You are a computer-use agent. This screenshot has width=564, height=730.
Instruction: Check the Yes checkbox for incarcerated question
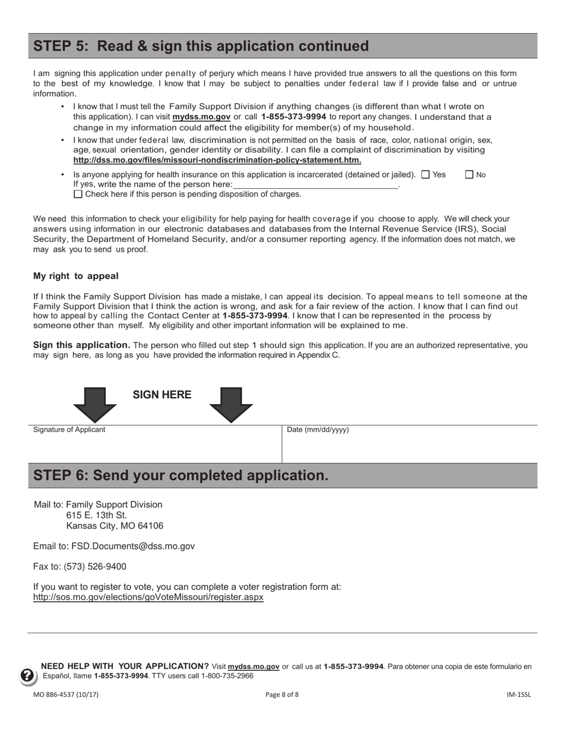(x=425, y=174)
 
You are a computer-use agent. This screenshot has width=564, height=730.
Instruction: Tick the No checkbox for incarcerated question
(x=469, y=174)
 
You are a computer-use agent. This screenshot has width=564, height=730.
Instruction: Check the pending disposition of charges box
(x=78, y=194)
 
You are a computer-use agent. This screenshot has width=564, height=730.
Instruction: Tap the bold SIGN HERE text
(x=161, y=395)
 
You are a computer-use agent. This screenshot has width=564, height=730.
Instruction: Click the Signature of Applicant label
(x=69, y=430)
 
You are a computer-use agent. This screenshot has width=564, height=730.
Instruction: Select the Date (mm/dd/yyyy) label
(x=318, y=430)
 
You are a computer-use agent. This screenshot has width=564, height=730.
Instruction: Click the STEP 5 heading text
(x=201, y=46)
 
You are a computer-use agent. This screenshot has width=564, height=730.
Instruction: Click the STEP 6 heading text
(x=180, y=475)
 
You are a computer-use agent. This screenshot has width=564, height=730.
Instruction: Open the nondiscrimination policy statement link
(x=217, y=160)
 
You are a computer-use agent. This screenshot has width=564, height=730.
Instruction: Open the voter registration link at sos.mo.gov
(x=148, y=597)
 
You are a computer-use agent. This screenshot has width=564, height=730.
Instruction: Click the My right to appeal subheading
(x=76, y=276)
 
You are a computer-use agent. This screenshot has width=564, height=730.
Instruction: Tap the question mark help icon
(x=28, y=675)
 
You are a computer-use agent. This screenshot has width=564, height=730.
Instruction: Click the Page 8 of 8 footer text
(x=282, y=694)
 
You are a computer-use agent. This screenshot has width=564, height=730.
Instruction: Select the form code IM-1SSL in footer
(x=518, y=694)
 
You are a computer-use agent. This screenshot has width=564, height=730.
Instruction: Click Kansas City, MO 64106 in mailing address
(x=115, y=526)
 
